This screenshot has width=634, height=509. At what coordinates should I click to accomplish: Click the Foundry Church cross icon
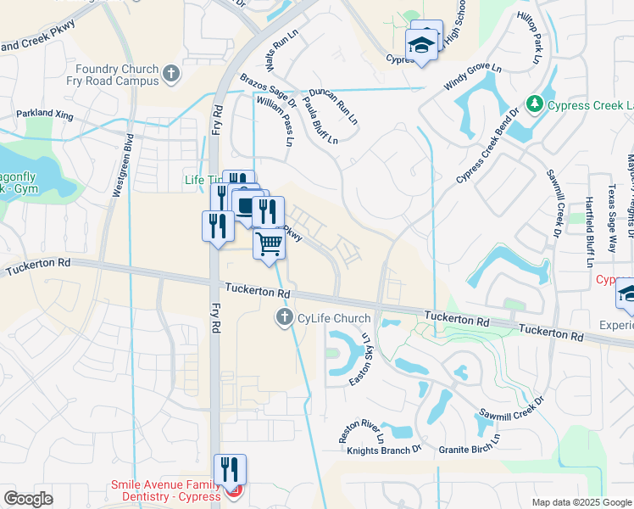171,75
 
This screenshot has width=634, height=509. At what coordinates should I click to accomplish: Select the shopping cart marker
269,245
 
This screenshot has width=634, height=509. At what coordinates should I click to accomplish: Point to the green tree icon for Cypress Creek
534,104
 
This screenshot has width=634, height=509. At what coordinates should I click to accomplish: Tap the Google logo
28,499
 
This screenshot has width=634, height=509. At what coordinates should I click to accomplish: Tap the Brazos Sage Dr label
270,91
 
